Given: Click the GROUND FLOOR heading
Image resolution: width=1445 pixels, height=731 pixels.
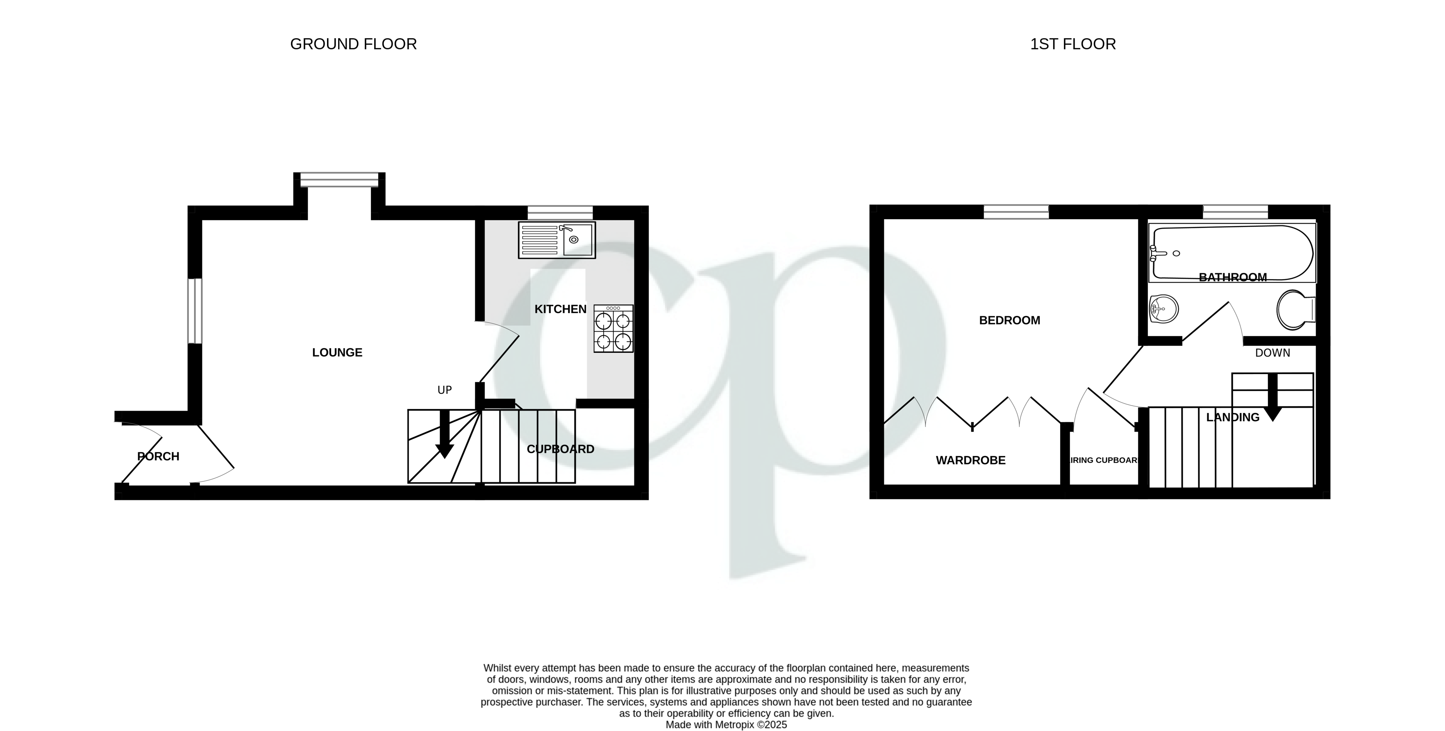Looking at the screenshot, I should pos(353,44).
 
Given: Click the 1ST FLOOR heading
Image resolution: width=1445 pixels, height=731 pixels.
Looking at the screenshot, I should pos(1072,44).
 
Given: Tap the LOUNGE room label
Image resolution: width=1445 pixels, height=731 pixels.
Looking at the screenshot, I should pos(337,352).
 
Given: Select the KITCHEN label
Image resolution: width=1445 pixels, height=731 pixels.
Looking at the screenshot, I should pos(560,309).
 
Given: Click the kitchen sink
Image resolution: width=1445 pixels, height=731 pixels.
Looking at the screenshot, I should pos(557,240).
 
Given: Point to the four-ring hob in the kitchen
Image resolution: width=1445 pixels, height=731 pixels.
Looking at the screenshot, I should pos(613,329).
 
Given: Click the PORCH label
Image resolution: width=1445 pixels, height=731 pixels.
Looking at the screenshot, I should pos(158,456).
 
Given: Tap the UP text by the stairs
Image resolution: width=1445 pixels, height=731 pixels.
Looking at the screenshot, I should pos(445,390).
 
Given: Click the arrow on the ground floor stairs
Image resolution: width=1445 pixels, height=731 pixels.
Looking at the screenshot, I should pos(445,435).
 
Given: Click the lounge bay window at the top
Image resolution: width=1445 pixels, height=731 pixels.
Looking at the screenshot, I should pos(339,179).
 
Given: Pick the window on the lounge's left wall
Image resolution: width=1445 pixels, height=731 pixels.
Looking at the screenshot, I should pos(195,311).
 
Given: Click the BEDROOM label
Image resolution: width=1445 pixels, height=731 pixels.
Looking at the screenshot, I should pos(1009,320).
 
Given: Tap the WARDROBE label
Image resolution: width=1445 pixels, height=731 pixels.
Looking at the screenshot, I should pos(970,461).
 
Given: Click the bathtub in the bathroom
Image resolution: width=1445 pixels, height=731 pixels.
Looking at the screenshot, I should pos(1231,252).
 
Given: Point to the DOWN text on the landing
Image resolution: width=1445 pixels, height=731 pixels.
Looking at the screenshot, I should pos(1272,353).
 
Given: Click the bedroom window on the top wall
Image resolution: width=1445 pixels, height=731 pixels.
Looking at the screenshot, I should pos(1016,212).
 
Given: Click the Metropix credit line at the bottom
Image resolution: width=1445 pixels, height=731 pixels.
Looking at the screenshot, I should pos(726,725).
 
